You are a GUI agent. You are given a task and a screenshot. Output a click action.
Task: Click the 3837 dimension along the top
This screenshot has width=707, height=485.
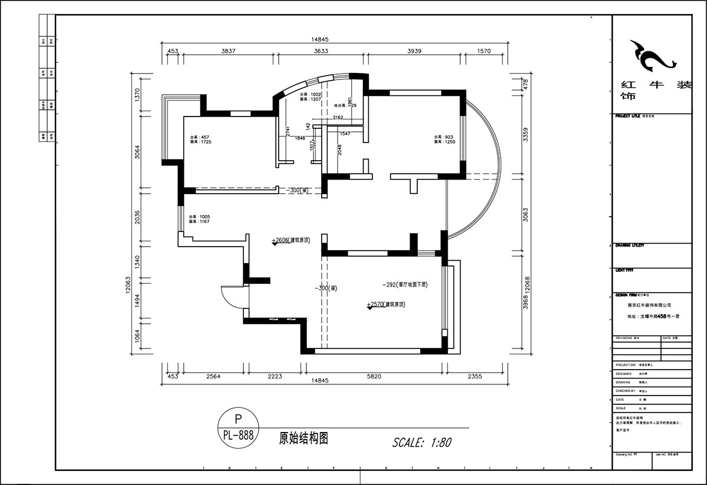click(228, 51)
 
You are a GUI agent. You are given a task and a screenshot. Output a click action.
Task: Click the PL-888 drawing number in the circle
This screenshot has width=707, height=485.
click(239, 436)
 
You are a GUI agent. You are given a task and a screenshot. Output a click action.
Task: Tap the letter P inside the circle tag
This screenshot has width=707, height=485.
click(238, 419)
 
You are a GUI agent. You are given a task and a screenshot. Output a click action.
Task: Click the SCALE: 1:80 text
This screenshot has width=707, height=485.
click(422, 442)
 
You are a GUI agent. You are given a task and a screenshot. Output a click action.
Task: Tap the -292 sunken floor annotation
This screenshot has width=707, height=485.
click(404, 284)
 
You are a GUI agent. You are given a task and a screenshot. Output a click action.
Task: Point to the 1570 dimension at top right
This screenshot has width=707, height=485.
click(483, 51)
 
